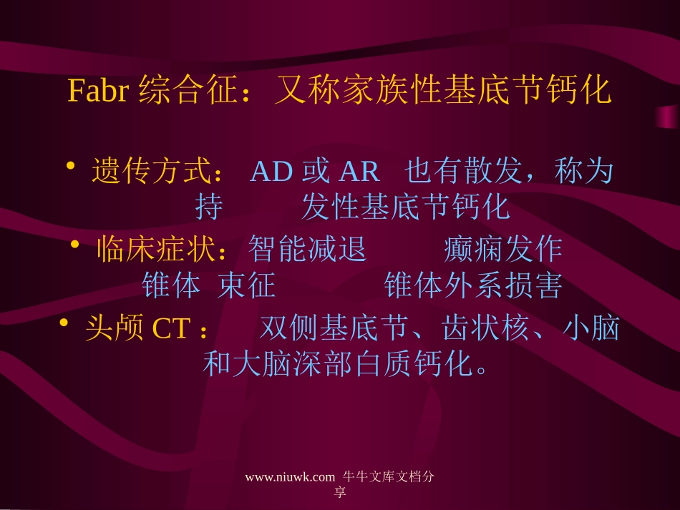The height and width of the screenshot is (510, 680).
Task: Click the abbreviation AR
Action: coord(358,172)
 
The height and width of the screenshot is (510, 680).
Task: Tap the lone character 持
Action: coord(208,207)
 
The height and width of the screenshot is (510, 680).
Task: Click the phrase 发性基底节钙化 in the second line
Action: coord(405,207)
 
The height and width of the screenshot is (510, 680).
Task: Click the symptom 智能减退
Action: coord(307,250)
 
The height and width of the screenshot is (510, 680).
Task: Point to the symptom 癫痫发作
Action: coord(502,250)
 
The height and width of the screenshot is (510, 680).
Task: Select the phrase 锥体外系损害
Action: coord(473,286)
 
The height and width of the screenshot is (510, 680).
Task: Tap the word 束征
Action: coord(247,286)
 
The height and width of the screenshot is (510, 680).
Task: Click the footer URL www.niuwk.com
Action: coord(290,478)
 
